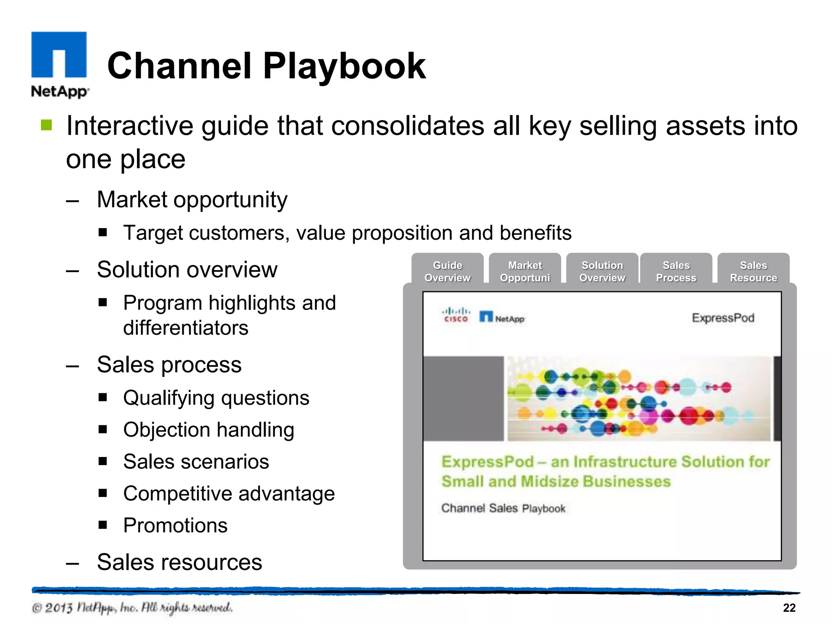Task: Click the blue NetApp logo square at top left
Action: click(59, 54)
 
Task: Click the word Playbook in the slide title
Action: click(344, 66)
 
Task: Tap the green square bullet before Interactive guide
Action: click(46, 125)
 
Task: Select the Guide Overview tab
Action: click(447, 271)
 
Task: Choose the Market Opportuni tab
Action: click(525, 271)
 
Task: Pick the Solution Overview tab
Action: click(602, 271)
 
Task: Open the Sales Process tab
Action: click(676, 271)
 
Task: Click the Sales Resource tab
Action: click(754, 271)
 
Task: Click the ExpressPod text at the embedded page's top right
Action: click(723, 318)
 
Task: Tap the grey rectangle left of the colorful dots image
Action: click(463, 399)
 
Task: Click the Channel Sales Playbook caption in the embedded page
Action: click(503, 508)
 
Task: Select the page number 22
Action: click(789, 608)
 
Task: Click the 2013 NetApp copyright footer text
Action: click(132, 608)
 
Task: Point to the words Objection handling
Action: click(208, 430)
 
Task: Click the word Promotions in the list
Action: click(175, 525)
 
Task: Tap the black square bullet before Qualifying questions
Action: click(103, 397)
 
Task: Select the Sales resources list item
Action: click(179, 562)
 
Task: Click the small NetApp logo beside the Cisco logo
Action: click(502, 317)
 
